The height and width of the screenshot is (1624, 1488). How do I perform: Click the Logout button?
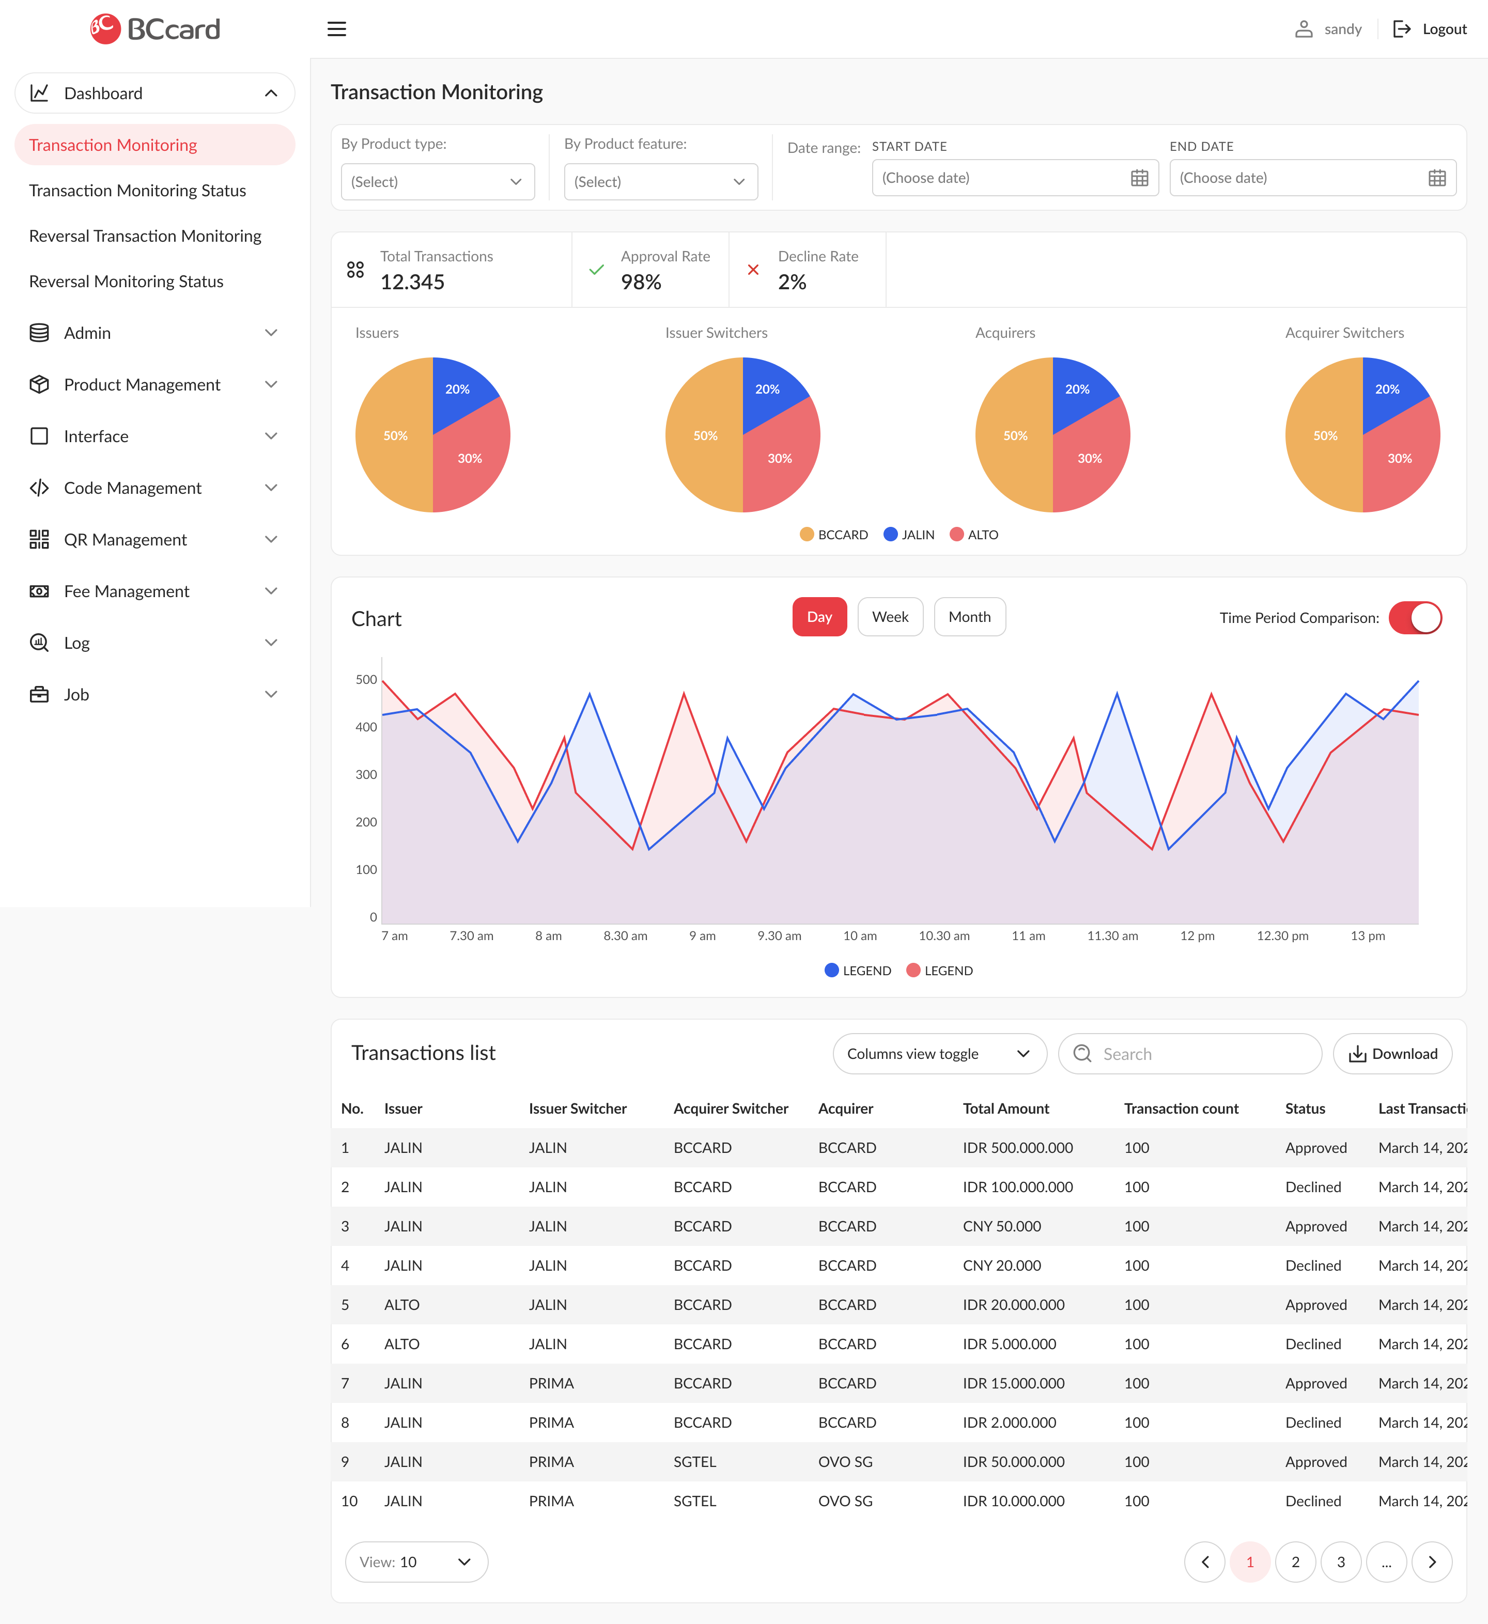coord(1430,29)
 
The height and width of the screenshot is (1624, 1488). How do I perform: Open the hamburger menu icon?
coord(337,29)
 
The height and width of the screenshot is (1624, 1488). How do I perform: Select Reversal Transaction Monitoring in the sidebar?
coord(145,236)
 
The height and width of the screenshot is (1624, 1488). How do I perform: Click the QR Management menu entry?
coord(126,540)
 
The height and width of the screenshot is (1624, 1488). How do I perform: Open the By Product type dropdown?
coord(438,182)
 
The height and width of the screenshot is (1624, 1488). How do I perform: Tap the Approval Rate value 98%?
coord(641,282)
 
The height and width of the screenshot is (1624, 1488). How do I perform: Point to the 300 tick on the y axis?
coord(366,774)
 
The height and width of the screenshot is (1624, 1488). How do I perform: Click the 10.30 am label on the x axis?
coord(944,936)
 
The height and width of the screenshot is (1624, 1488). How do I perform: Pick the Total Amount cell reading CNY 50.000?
coord(1001,1226)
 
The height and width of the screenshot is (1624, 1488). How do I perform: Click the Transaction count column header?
coord(1181,1108)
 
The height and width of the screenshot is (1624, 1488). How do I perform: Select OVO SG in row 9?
coord(845,1461)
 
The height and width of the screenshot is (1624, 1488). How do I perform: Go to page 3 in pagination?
coord(1341,1562)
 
